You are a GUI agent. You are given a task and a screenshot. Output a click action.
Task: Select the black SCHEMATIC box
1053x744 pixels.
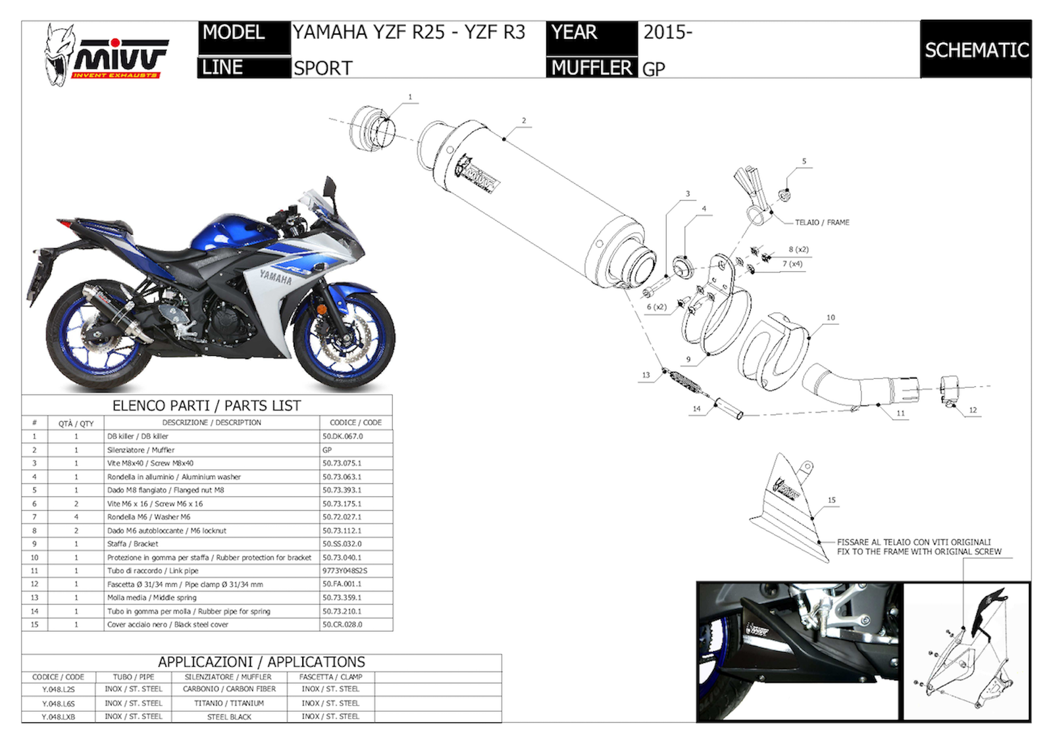point(975,49)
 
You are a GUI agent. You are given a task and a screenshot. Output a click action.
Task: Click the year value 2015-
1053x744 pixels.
point(667,32)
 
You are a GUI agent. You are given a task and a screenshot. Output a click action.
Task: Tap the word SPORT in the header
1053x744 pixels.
point(322,68)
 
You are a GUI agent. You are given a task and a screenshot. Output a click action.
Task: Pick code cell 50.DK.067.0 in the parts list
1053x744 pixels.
point(342,436)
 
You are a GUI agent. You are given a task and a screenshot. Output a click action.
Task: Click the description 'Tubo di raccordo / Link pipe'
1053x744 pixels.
point(153,571)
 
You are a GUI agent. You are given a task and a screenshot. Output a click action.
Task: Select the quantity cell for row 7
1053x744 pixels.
point(76,517)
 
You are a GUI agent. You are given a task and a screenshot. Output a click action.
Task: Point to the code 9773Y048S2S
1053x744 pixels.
point(345,571)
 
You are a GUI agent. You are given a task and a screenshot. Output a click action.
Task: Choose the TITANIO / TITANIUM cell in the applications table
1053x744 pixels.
point(228,703)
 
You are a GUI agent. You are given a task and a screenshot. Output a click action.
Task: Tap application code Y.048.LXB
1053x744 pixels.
point(58,717)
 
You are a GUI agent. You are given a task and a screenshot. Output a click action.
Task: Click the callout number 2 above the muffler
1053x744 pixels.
point(524,120)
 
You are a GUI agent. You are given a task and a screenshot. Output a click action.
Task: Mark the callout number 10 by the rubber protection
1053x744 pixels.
point(831,318)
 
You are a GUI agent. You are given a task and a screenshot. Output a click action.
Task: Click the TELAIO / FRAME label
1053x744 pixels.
point(822,222)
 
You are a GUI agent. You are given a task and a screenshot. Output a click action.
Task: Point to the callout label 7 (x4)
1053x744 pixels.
point(792,264)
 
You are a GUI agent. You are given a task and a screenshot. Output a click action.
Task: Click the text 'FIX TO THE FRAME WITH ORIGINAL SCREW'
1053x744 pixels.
point(919,552)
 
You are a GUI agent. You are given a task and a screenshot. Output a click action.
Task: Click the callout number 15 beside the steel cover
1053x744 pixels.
point(831,500)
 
